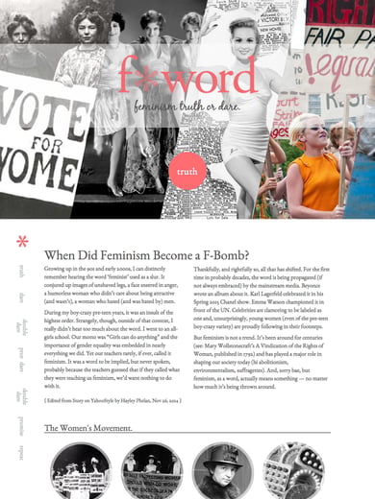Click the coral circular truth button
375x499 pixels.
pos(187,173)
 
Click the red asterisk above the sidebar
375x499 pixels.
pos(21,241)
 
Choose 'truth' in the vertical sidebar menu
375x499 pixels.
pos(20,271)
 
